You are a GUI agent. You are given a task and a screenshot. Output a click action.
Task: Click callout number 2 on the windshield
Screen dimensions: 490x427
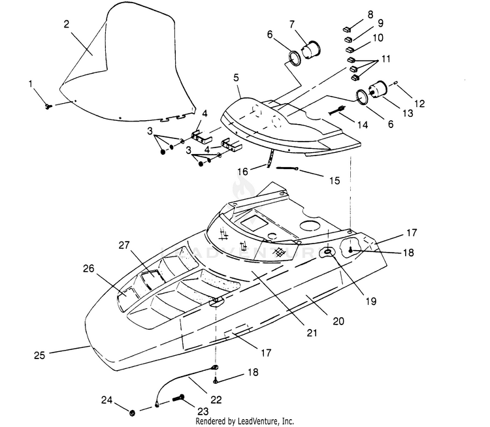tap(66, 24)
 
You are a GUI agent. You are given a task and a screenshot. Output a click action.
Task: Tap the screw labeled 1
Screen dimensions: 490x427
tap(48, 107)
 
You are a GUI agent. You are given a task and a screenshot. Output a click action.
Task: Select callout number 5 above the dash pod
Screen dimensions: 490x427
tap(236, 78)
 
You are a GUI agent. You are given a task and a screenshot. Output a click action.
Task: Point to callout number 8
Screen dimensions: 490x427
tap(370, 14)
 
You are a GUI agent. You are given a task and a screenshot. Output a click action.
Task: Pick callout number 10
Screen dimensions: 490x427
tap(378, 38)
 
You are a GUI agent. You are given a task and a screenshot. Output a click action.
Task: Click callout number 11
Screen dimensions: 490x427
tap(386, 59)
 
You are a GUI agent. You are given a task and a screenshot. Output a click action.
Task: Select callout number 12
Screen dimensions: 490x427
tap(419, 103)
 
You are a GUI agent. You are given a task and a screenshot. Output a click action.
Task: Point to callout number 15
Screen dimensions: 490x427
tap(335, 181)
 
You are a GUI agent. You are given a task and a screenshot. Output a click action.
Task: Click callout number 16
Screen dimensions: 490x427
tap(243, 172)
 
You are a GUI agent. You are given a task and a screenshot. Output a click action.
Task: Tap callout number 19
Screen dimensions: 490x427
tap(371, 301)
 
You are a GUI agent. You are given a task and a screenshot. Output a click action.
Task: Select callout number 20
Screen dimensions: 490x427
tap(338, 321)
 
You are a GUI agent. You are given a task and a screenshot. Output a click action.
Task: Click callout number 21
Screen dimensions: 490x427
tap(312, 333)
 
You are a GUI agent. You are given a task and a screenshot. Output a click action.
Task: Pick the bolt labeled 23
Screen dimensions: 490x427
tap(178, 398)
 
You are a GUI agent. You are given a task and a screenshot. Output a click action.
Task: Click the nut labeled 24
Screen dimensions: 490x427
tap(132, 413)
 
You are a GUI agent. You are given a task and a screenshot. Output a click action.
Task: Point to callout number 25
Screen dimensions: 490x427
tap(40, 355)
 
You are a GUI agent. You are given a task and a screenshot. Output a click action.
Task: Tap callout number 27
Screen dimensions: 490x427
tap(124, 245)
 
